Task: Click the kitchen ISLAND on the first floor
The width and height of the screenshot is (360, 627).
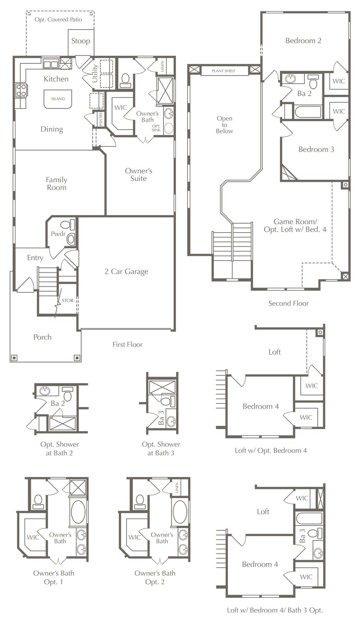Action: pos(58,99)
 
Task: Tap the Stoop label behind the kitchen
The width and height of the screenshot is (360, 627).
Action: pos(81,41)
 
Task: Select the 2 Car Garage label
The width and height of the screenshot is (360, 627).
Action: pos(127,272)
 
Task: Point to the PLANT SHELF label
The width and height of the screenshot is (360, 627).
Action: pos(224,71)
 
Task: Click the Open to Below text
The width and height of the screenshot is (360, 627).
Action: pos(225,125)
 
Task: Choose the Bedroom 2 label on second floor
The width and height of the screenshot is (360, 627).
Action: pos(303,40)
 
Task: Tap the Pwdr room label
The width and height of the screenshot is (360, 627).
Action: pos(58,234)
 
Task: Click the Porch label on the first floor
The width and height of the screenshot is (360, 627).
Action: pos(43,337)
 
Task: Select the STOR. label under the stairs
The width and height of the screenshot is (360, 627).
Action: pos(68,300)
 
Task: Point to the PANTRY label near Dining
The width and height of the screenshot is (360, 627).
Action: pos(101,119)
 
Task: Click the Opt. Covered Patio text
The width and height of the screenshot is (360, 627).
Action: pos(58,20)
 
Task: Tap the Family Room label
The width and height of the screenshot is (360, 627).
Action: pos(57,184)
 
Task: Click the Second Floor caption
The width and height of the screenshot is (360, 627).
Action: pos(288,303)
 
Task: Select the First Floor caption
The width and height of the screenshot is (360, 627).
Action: pos(128,344)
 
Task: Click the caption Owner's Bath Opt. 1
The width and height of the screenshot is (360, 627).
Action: pos(53,577)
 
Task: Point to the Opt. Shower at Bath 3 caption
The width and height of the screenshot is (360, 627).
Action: pos(161,449)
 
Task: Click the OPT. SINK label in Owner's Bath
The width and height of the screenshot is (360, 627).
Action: pos(156,128)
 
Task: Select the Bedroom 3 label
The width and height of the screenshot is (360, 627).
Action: pos(316,149)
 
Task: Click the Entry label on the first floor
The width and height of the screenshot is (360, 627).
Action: pos(35,258)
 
